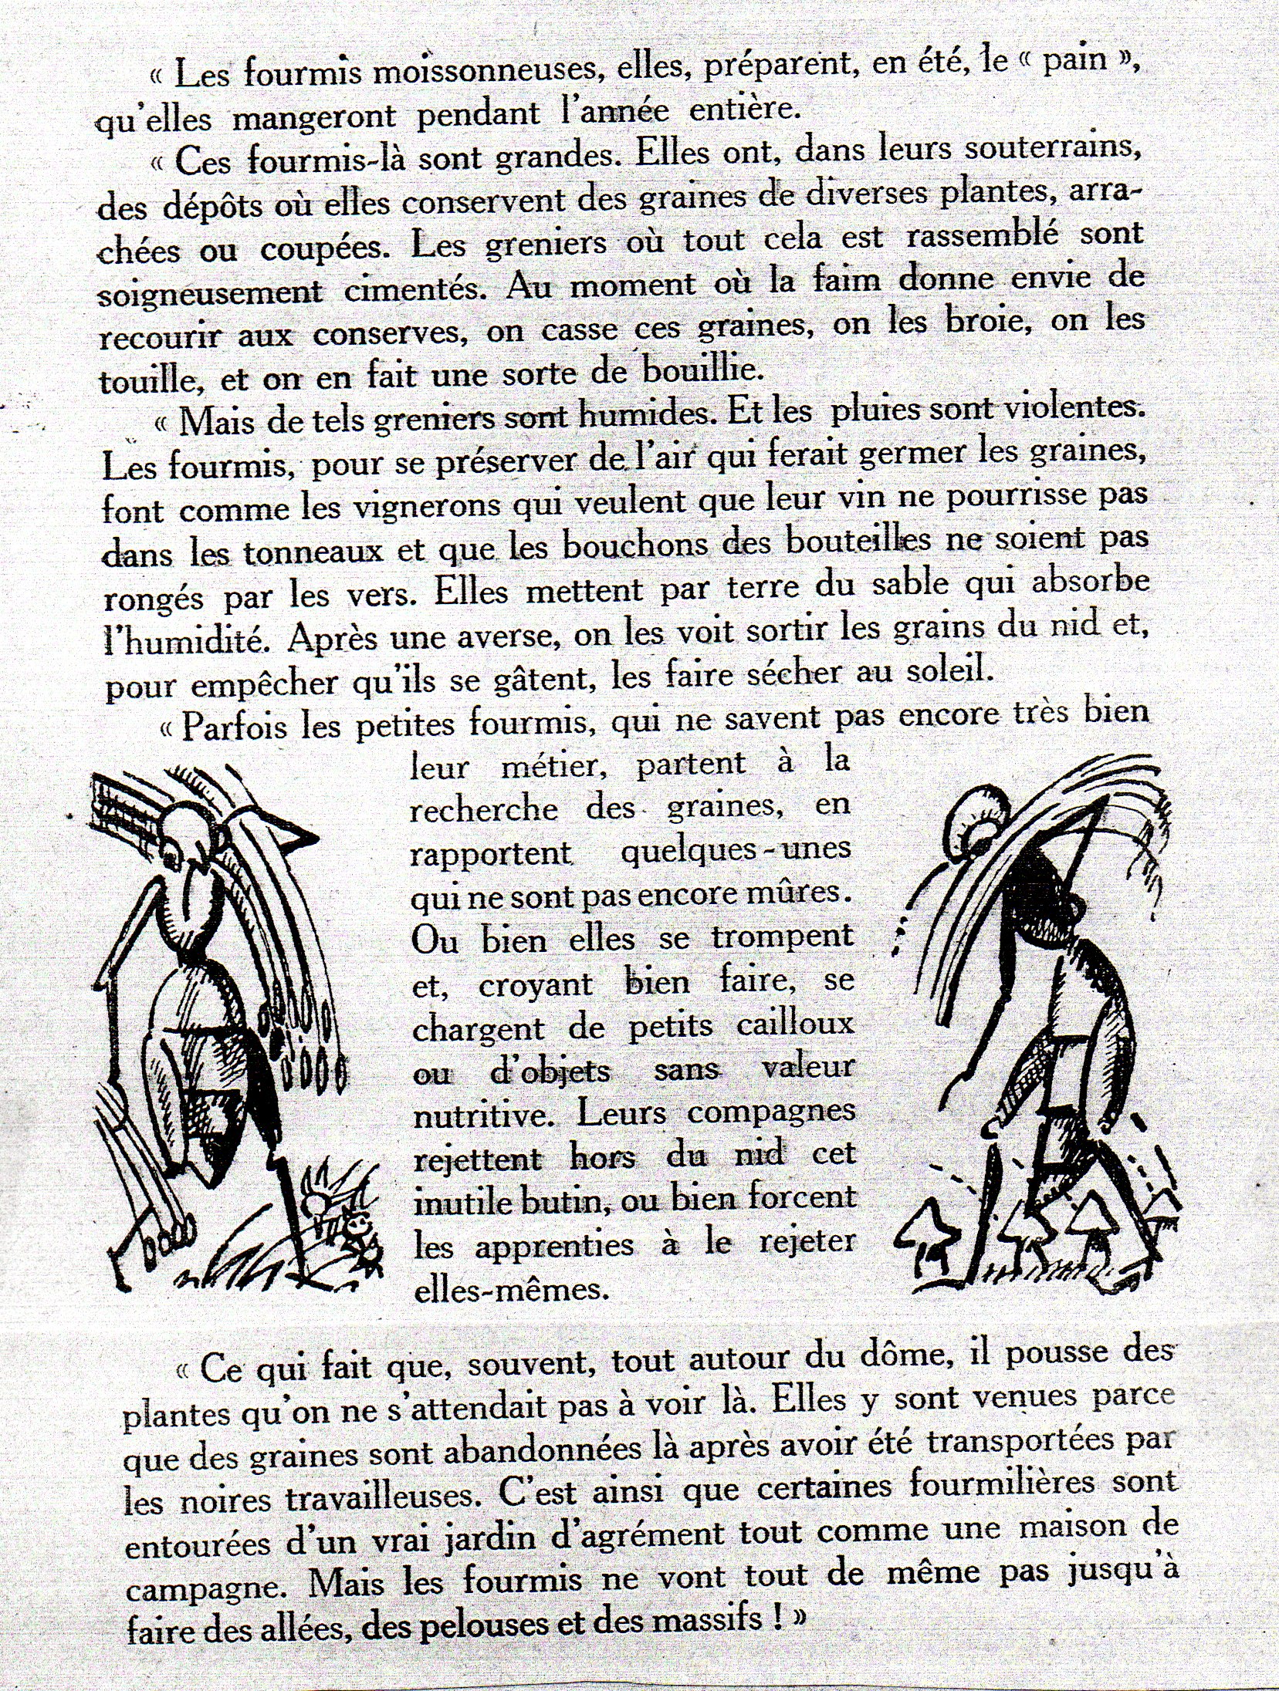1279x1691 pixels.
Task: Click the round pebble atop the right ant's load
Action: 977,814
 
